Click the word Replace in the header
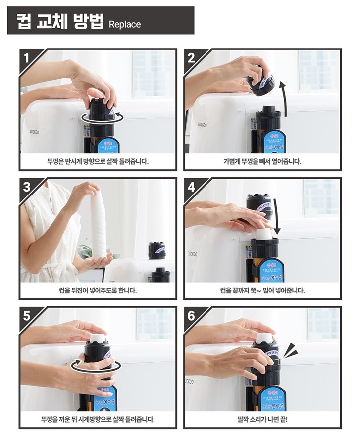(124, 24)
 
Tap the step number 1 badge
(28, 57)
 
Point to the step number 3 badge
(28, 187)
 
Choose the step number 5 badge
(28, 316)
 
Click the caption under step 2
(262, 161)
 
